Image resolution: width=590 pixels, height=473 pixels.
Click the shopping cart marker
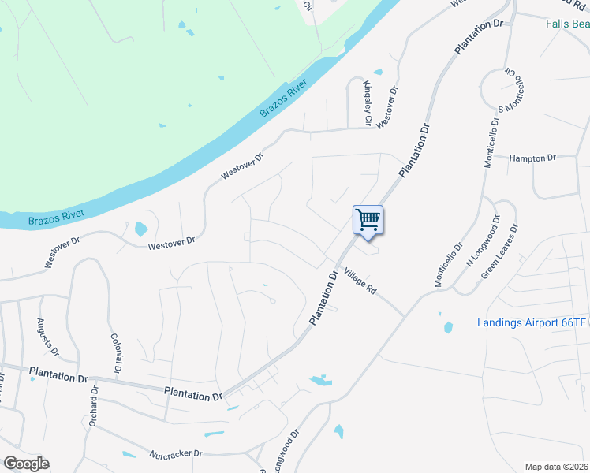point(368,219)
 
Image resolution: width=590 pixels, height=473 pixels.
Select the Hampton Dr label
point(533,158)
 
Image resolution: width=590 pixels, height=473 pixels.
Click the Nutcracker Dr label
point(176,454)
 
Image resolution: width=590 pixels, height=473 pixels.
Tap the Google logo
point(26,464)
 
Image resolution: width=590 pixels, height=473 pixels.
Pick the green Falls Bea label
point(568,24)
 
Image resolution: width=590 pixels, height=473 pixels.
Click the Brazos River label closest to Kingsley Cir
point(282,102)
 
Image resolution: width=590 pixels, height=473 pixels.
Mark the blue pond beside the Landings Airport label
point(448,326)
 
